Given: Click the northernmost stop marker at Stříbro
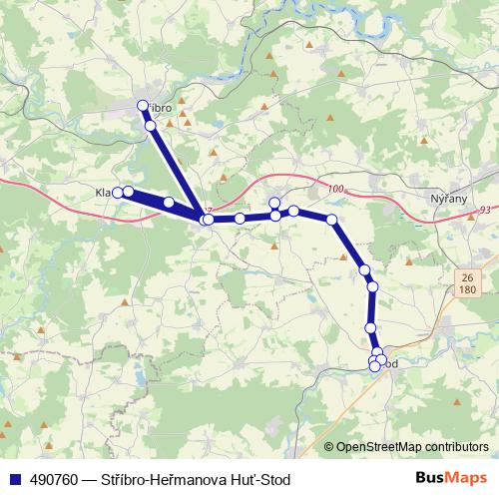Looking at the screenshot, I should pyautogui.click(x=143, y=106).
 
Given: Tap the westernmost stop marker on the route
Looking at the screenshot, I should pyautogui.click(x=118, y=192).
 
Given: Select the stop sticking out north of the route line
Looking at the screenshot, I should pyautogui.click(x=274, y=203).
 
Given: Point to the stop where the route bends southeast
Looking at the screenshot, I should pyautogui.click(x=331, y=219).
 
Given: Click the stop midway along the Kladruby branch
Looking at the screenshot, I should pyautogui.click(x=169, y=203).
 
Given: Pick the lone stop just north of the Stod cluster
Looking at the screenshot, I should pyautogui.click(x=370, y=327).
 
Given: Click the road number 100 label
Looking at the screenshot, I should pyautogui.click(x=333, y=188).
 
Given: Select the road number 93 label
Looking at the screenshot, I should pyautogui.click(x=484, y=210).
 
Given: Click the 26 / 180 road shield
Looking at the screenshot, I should pyautogui.click(x=467, y=282).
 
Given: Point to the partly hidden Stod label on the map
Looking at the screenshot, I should pyautogui.click(x=390, y=364).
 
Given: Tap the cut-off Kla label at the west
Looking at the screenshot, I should pyautogui.click(x=102, y=192).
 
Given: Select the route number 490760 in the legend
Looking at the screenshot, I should pyautogui.click(x=51, y=478).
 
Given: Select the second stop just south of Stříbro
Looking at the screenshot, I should pyautogui.click(x=150, y=126).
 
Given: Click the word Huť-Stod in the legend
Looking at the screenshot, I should pyautogui.click(x=262, y=478).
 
